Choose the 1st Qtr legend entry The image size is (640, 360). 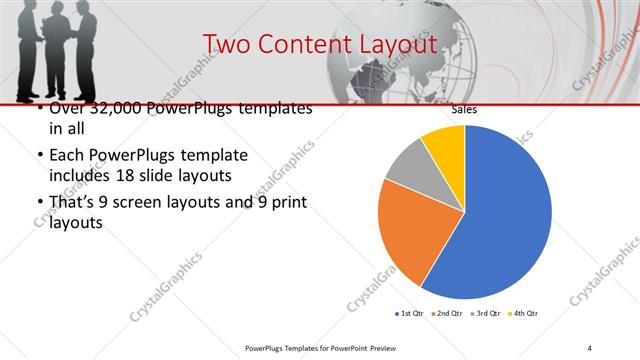point(409,314)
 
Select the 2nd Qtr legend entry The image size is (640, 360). point(446,314)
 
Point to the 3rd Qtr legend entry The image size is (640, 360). point(485,314)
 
